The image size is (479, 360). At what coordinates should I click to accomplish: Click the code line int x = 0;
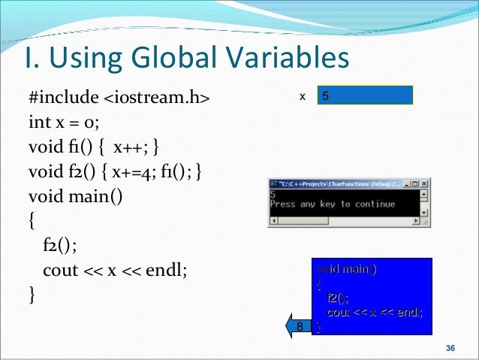(x=63, y=122)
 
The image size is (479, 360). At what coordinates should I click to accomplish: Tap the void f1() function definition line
(x=93, y=147)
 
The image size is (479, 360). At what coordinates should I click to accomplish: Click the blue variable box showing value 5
(x=365, y=96)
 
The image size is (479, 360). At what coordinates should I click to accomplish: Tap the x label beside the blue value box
(x=303, y=97)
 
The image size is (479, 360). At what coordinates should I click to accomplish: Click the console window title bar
(x=338, y=183)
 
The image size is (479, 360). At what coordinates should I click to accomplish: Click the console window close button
(x=425, y=183)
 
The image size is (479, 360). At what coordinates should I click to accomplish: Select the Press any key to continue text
(x=332, y=204)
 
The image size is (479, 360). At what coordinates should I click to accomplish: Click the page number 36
(x=450, y=347)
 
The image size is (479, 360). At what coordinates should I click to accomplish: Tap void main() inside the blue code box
(x=347, y=269)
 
